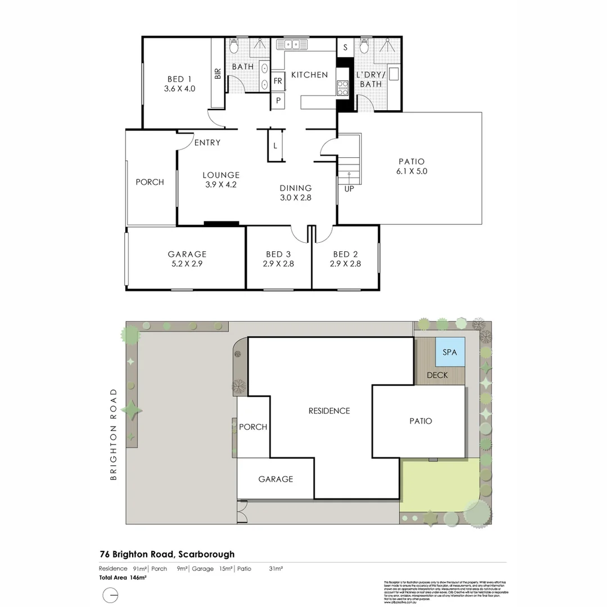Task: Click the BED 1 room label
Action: [x=179, y=84]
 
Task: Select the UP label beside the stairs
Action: [x=349, y=189]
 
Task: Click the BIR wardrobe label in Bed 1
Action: [x=217, y=74]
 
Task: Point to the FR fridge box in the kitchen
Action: [x=278, y=81]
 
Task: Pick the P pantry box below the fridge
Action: [x=278, y=101]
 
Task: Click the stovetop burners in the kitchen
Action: [x=342, y=87]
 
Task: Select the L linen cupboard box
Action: [x=275, y=146]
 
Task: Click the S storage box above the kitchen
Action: [x=345, y=47]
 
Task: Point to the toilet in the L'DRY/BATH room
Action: [x=364, y=46]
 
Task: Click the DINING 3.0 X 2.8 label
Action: [x=296, y=193]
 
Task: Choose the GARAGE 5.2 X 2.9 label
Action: [x=187, y=259]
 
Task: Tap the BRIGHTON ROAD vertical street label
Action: [x=114, y=434]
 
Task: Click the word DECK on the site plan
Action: [x=437, y=375]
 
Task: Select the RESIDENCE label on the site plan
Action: [x=329, y=411]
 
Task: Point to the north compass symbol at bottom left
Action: [x=110, y=595]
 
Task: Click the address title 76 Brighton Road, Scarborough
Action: [x=167, y=554]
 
